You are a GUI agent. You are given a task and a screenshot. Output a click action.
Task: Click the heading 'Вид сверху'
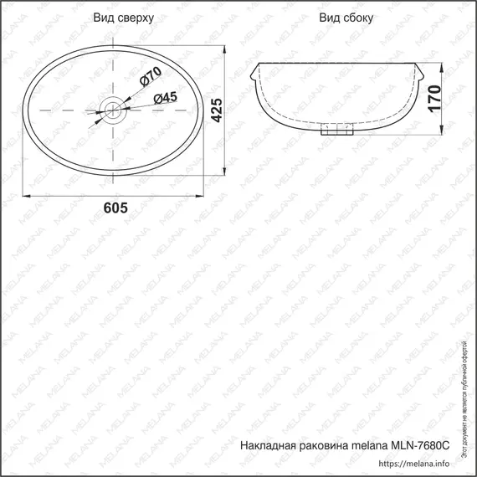coord(123,18)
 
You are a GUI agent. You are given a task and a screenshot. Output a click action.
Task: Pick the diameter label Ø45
coord(165,99)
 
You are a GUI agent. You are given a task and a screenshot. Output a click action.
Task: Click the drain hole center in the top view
coord(111,110)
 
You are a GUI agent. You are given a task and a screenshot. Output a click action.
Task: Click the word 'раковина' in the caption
coord(326,446)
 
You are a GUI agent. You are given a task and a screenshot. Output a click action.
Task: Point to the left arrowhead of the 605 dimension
coord(24,195)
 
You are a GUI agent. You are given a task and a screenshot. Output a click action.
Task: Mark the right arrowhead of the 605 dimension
coord(201,195)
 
